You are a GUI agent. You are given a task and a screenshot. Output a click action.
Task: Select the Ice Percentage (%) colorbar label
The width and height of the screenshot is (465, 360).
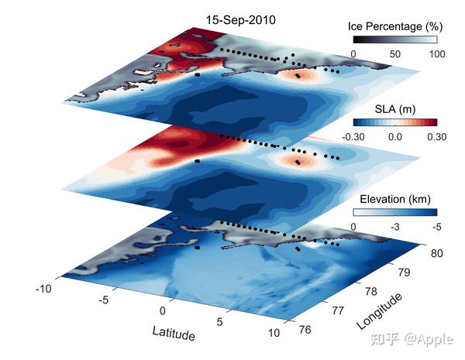(394, 26)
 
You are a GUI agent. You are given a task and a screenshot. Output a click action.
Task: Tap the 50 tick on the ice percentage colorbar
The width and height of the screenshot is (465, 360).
(394, 53)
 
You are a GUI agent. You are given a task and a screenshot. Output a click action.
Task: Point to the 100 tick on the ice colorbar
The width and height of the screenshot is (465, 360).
(436, 53)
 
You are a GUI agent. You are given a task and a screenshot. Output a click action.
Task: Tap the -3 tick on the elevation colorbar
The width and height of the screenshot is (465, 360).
(394, 225)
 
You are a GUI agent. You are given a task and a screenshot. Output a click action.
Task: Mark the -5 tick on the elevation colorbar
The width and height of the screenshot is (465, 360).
(436, 225)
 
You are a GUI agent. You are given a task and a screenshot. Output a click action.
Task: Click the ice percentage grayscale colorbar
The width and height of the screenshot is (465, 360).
(394, 39)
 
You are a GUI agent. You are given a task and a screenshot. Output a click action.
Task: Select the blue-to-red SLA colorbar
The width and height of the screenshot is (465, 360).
(394, 122)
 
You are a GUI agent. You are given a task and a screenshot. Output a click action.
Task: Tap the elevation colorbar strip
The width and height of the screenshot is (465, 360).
(394, 211)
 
